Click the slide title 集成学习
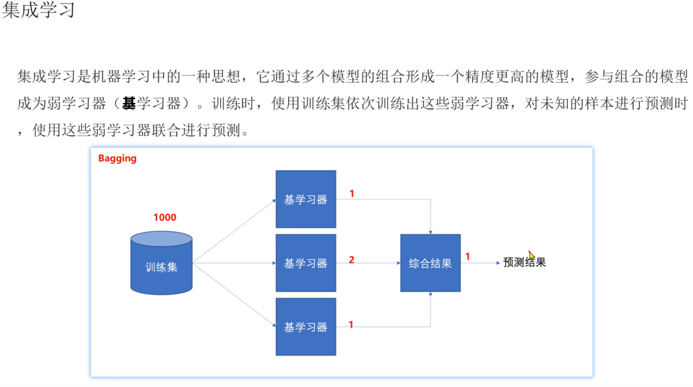pos(39,10)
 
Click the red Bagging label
pos(117,158)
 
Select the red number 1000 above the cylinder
pos(165,217)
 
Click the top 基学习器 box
pos(306,199)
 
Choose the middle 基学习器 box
pos(306,263)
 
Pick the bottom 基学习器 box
pos(306,327)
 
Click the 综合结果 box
pos(430,263)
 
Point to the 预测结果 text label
pos(524,262)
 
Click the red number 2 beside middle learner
pos(352,260)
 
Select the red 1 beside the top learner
pos(352,193)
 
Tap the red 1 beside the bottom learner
pos(351,325)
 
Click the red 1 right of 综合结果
pos(467,257)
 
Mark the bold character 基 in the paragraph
pos(129,103)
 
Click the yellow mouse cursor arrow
pos(531,255)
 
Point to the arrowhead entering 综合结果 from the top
pos(430,232)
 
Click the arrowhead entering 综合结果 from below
pos(430,294)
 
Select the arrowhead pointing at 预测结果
pos(498,263)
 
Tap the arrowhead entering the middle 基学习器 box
pos(274,263)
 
